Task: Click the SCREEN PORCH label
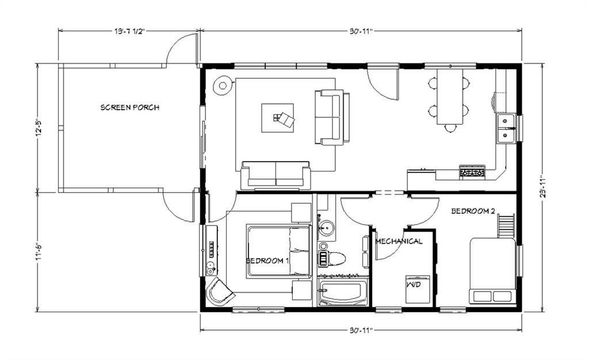coord(129,108)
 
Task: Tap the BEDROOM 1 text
coord(267,261)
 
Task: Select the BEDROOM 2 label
coord(473,211)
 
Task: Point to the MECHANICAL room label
coord(399,241)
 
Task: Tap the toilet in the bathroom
coord(331,258)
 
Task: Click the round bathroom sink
coord(326,228)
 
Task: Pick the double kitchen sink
coord(506,128)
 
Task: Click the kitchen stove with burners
coord(472,171)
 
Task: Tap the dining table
coord(450,97)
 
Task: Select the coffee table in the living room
coord(277,118)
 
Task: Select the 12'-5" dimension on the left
coord(39,128)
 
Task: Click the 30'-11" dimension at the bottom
coord(361,330)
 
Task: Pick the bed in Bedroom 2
coord(492,271)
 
